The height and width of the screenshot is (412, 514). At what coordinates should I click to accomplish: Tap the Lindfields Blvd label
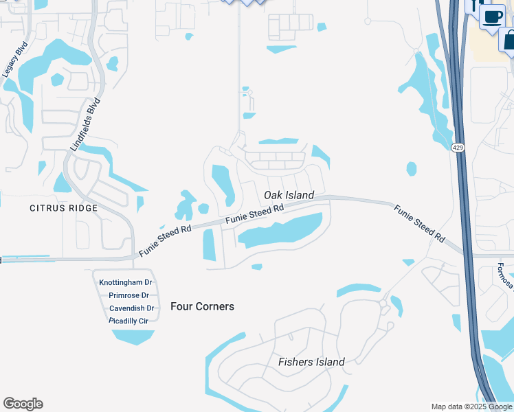[x=86, y=124]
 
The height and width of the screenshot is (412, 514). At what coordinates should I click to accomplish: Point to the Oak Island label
[x=289, y=195]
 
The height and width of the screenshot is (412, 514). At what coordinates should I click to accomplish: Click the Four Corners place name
[x=202, y=306]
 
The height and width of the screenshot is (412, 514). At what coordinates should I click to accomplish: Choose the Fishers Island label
[x=311, y=362]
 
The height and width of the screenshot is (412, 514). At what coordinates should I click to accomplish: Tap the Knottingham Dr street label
[x=125, y=283]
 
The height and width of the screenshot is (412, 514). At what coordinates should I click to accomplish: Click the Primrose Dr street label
[x=129, y=296]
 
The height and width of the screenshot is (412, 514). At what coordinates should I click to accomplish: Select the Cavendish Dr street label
[x=131, y=308]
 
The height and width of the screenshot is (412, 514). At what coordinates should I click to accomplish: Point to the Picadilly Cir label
[x=128, y=321]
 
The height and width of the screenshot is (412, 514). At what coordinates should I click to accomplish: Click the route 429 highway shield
[x=458, y=148]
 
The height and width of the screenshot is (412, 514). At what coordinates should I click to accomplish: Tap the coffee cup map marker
[x=493, y=16]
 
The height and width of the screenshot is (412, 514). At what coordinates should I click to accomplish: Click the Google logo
[x=23, y=404]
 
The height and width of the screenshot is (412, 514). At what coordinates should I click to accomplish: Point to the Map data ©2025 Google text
[x=471, y=407]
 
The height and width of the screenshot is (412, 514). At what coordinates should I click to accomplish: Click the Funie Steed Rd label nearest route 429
[x=418, y=222]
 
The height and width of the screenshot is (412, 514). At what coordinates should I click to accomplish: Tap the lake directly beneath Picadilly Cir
[x=132, y=336]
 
